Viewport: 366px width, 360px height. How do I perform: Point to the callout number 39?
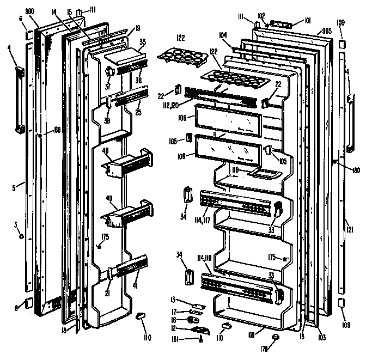(x=108, y=120)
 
